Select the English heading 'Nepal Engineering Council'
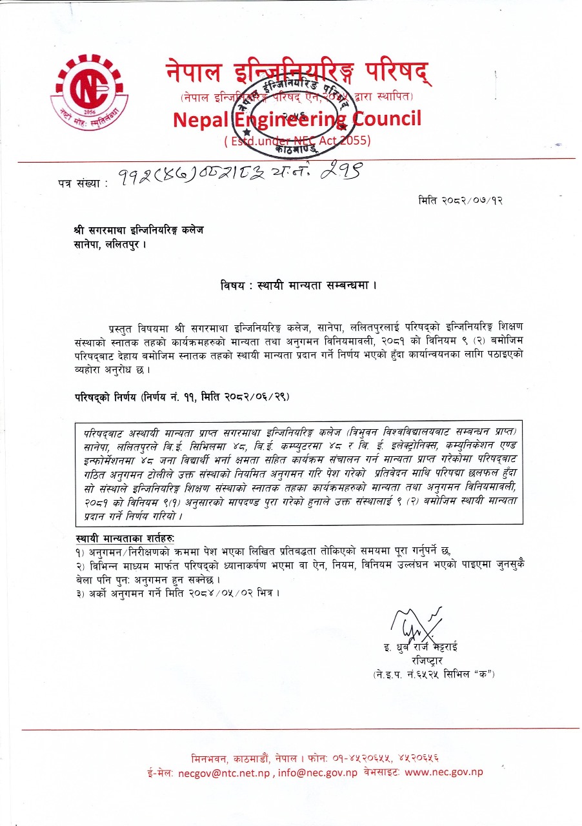pyautogui.click(x=297, y=119)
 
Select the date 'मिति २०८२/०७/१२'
pyautogui.click(x=460, y=201)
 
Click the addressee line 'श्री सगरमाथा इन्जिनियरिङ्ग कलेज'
pyautogui.click(x=138, y=230)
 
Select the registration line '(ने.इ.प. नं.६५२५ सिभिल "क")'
pyautogui.click(x=434, y=674)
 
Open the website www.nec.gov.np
pyautogui.click(x=444, y=772)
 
